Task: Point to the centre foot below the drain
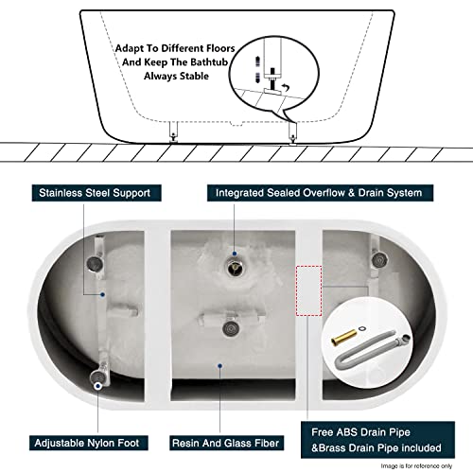(230, 327)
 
